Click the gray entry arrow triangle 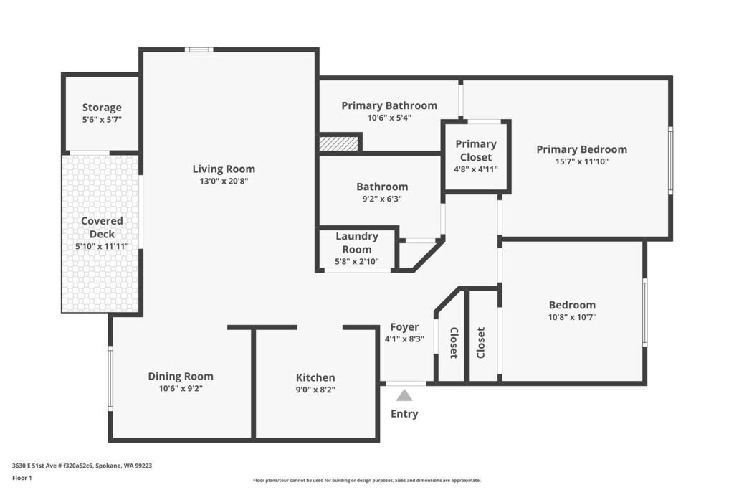(x=404, y=395)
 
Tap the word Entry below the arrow (x=404, y=414)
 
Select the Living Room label (x=224, y=169)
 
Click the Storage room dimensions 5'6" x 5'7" (x=102, y=120)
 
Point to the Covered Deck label (x=102, y=227)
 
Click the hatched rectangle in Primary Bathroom (x=338, y=143)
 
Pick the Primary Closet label (x=476, y=151)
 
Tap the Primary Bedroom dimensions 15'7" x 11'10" (x=582, y=161)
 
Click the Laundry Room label (x=357, y=242)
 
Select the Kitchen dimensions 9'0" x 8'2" (x=315, y=390)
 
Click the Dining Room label (x=181, y=376)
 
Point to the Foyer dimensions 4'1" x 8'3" (x=404, y=339)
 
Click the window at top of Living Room (x=199, y=50)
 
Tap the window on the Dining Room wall (x=110, y=379)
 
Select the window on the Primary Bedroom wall (x=670, y=160)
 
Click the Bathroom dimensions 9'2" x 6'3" (x=382, y=199)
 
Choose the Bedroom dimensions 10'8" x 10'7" (x=573, y=317)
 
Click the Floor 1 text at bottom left (x=22, y=479)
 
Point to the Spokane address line (x=82, y=466)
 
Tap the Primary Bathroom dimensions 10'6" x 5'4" (x=389, y=118)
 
